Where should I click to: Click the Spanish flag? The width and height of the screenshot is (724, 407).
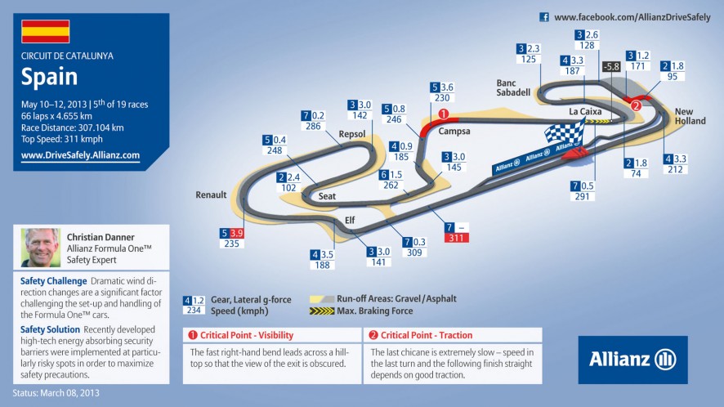point(45,31)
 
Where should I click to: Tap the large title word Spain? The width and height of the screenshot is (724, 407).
point(49,77)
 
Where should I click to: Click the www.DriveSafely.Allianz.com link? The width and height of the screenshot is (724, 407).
point(80,155)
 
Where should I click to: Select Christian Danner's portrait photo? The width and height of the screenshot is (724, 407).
point(41,248)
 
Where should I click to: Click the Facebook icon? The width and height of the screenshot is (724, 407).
point(544,17)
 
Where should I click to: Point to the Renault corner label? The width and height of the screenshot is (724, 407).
point(211,195)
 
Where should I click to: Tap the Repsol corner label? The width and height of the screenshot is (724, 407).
point(352,134)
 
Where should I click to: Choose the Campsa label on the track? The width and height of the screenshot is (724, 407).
point(454,132)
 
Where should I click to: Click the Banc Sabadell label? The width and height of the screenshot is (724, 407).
point(513,87)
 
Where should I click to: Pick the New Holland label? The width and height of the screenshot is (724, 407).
point(690,116)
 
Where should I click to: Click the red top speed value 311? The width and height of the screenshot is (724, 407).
point(456,238)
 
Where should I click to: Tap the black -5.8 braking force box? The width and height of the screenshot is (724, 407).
point(611,67)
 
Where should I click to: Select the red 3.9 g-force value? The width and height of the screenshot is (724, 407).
point(237,233)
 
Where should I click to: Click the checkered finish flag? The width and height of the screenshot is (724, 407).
point(565,132)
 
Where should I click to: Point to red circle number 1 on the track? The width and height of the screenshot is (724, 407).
point(443,114)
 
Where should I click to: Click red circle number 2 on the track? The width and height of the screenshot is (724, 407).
point(636,105)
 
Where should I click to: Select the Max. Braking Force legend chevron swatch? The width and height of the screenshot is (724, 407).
point(322,311)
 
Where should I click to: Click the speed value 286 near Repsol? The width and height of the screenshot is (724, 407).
point(313,126)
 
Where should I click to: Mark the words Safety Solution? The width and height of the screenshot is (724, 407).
point(50,329)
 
